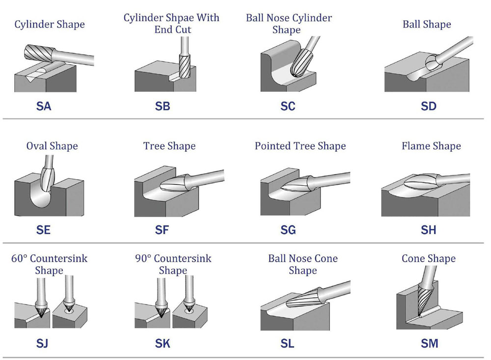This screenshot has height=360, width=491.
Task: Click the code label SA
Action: (x=43, y=106)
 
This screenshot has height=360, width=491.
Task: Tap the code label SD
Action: (x=428, y=106)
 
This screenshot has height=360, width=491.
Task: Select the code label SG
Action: (x=288, y=230)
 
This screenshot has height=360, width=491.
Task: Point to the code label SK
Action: (x=163, y=343)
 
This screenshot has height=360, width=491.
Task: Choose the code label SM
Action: (x=429, y=343)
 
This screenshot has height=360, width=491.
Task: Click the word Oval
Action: (x=38, y=146)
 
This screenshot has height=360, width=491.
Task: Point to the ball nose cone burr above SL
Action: (x=304, y=299)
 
